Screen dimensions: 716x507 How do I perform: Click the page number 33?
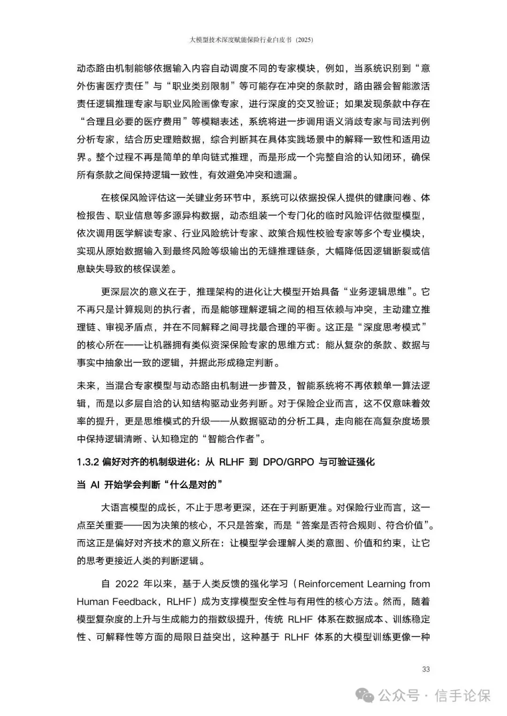[x=426, y=669]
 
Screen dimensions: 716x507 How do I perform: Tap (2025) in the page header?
[x=303, y=40]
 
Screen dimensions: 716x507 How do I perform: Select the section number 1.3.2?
[x=87, y=462]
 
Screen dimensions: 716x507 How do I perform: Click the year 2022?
[x=127, y=584]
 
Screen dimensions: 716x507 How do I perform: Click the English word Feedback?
[x=136, y=602]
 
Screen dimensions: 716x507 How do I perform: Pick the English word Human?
[x=92, y=602]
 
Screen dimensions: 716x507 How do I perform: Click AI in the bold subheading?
[x=94, y=484]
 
